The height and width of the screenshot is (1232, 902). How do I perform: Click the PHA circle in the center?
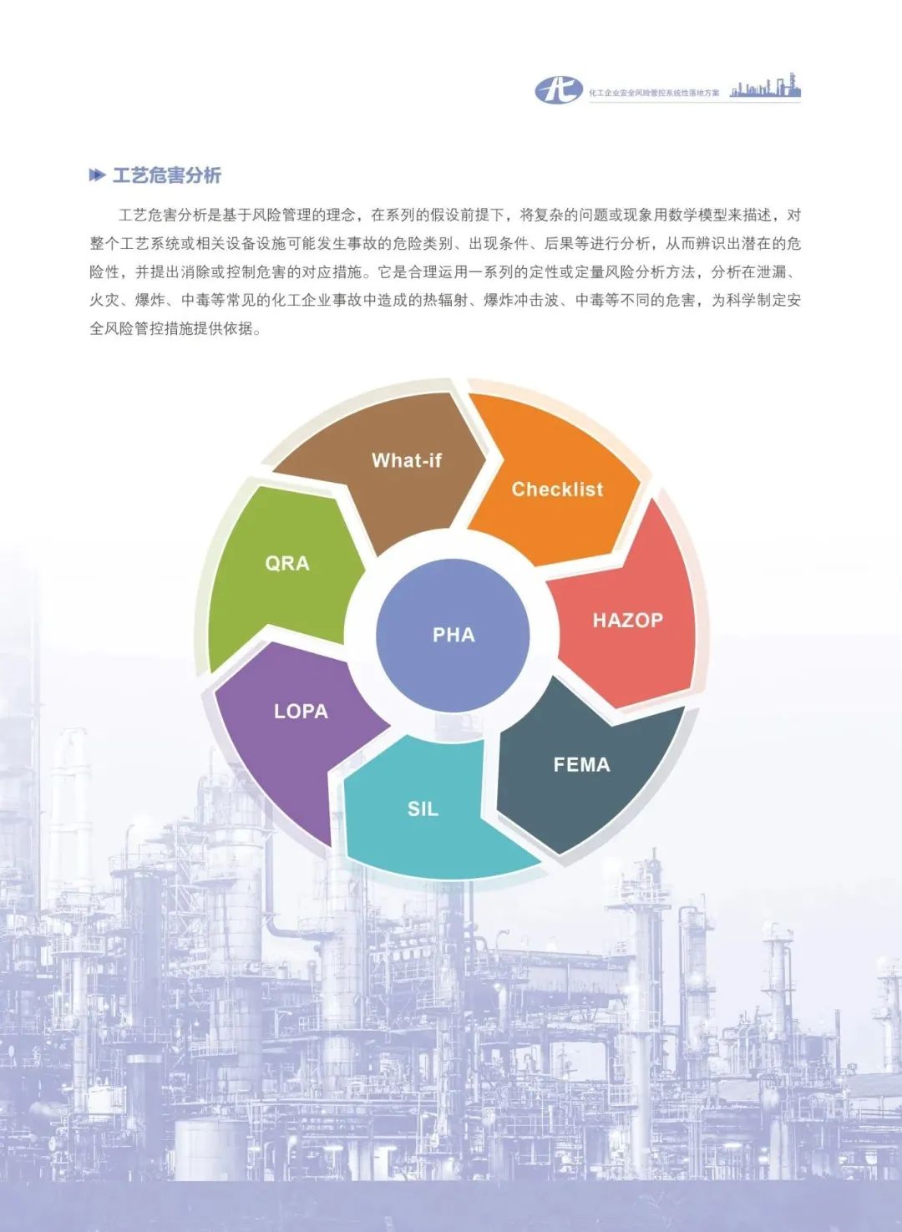pyautogui.click(x=453, y=635)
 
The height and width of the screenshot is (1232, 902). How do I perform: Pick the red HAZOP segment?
pyautogui.click(x=626, y=626)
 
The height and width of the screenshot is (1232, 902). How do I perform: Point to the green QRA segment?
pyautogui.click(x=284, y=568)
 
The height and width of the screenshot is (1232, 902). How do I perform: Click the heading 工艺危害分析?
pyautogui.click(x=166, y=175)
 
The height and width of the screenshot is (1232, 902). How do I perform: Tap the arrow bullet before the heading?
pyautogui.click(x=97, y=175)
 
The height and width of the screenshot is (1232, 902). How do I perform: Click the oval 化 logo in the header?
pyautogui.click(x=559, y=89)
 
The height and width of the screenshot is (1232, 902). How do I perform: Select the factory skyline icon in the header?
pyautogui.click(x=765, y=87)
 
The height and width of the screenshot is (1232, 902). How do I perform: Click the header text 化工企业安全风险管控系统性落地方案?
pyautogui.click(x=653, y=93)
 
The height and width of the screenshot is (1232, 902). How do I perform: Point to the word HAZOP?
pyautogui.click(x=627, y=621)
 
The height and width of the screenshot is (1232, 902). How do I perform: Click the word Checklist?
pyautogui.click(x=557, y=489)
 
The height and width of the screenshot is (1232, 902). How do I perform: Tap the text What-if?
pyautogui.click(x=407, y=460)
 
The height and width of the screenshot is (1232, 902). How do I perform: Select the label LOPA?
pyautogui.click(x=301, y=712)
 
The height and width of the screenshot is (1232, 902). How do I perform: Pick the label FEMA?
pyautogui.click(x=581, y=764)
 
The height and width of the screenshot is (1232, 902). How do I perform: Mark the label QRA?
pyautogui.click(x=287, y=564)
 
